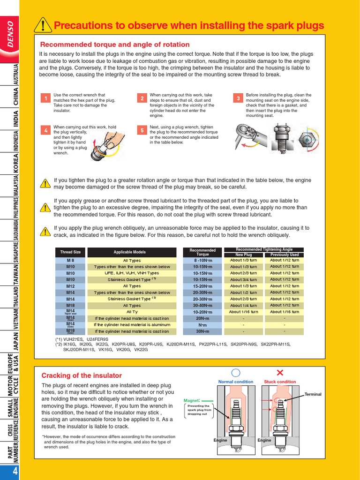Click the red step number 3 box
(238, 98)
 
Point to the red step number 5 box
(142, 131)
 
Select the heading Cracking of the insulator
(82, 375)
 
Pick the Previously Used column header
(284, 255)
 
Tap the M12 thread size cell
(70, 286)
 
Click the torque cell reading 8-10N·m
(202, 260)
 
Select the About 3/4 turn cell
(243, 279)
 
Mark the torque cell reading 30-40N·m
(202, 305)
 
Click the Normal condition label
(236, 382)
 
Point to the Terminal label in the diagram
(313, 394)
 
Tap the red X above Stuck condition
(280, 373)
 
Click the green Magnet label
(192, 400)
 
